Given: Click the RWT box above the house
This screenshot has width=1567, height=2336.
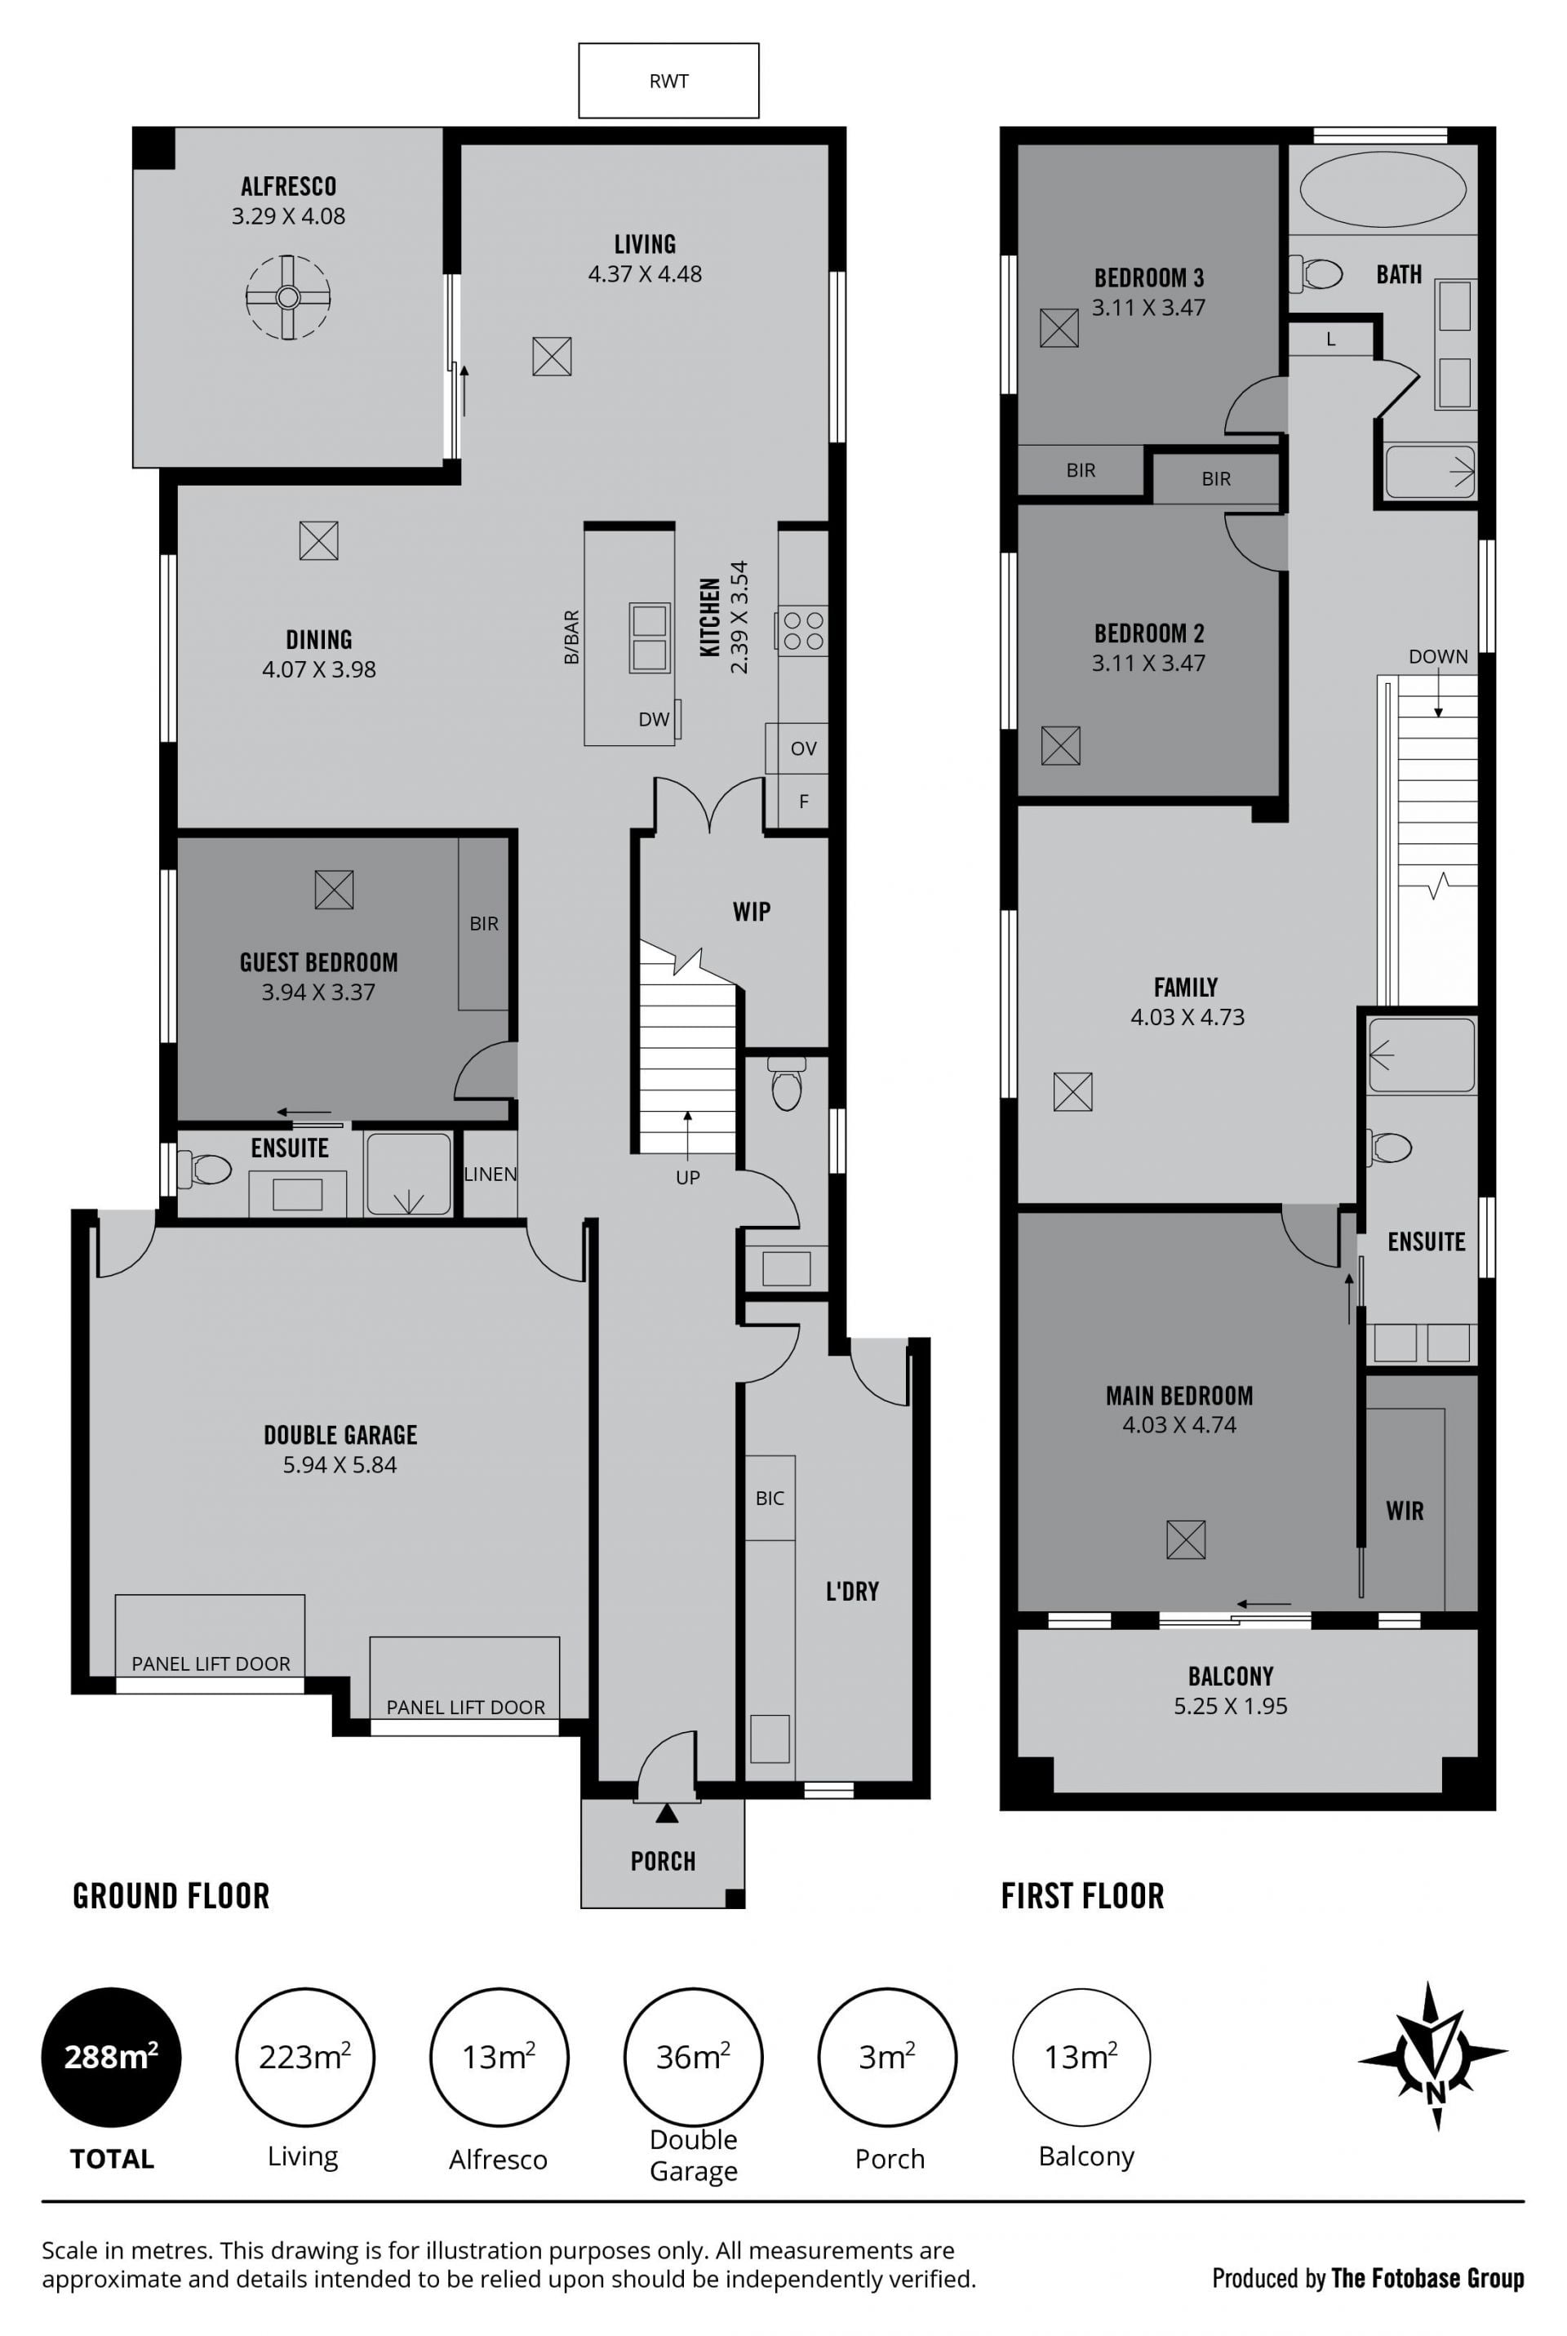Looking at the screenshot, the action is tap(668, 81).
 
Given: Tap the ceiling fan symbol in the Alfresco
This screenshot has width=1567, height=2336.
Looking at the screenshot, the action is tap(288, 297).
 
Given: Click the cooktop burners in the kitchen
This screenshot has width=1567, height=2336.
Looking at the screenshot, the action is tap(803, 630).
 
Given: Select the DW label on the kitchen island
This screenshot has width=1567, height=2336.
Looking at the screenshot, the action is tap(654, 719).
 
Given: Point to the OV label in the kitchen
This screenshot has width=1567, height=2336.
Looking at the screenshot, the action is tap(803, 748).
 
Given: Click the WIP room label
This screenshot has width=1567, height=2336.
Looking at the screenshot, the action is tap(752, 911).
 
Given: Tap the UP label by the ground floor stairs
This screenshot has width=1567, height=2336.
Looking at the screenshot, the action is tap(687, 1178).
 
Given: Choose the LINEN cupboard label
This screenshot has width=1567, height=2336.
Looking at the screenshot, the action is tap(490, 1174).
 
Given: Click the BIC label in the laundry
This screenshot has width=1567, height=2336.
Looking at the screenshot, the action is tap(770, 1498).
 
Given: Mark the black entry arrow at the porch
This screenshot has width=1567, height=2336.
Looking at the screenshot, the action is tap(667, 1814).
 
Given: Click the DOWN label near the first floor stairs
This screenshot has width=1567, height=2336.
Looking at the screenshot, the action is tap(1438, 656).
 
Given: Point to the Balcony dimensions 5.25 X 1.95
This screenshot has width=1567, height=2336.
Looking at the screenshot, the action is tap(1230, 1707).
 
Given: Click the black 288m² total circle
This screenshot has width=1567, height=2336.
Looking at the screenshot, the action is tap(111, 2057).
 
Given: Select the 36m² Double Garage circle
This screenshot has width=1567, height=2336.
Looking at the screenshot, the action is tap(694, 2057).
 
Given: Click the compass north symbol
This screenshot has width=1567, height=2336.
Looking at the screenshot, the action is tap(1433, 2058).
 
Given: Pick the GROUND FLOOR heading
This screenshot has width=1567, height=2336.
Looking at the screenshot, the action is tap(171, 1896).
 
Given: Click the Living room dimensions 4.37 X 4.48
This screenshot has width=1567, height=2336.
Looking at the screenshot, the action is tap(645, 273).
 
